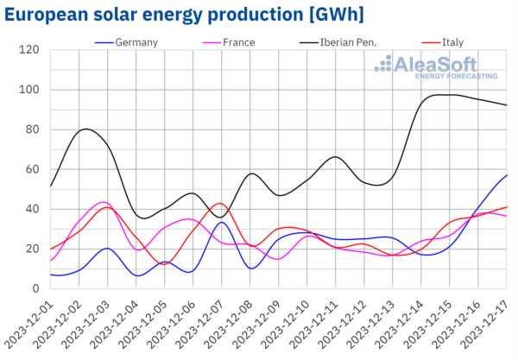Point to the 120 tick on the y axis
30,50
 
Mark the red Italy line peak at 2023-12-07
221,204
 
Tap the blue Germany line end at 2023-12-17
507,174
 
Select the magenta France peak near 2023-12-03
102,202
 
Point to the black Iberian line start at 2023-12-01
51,186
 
